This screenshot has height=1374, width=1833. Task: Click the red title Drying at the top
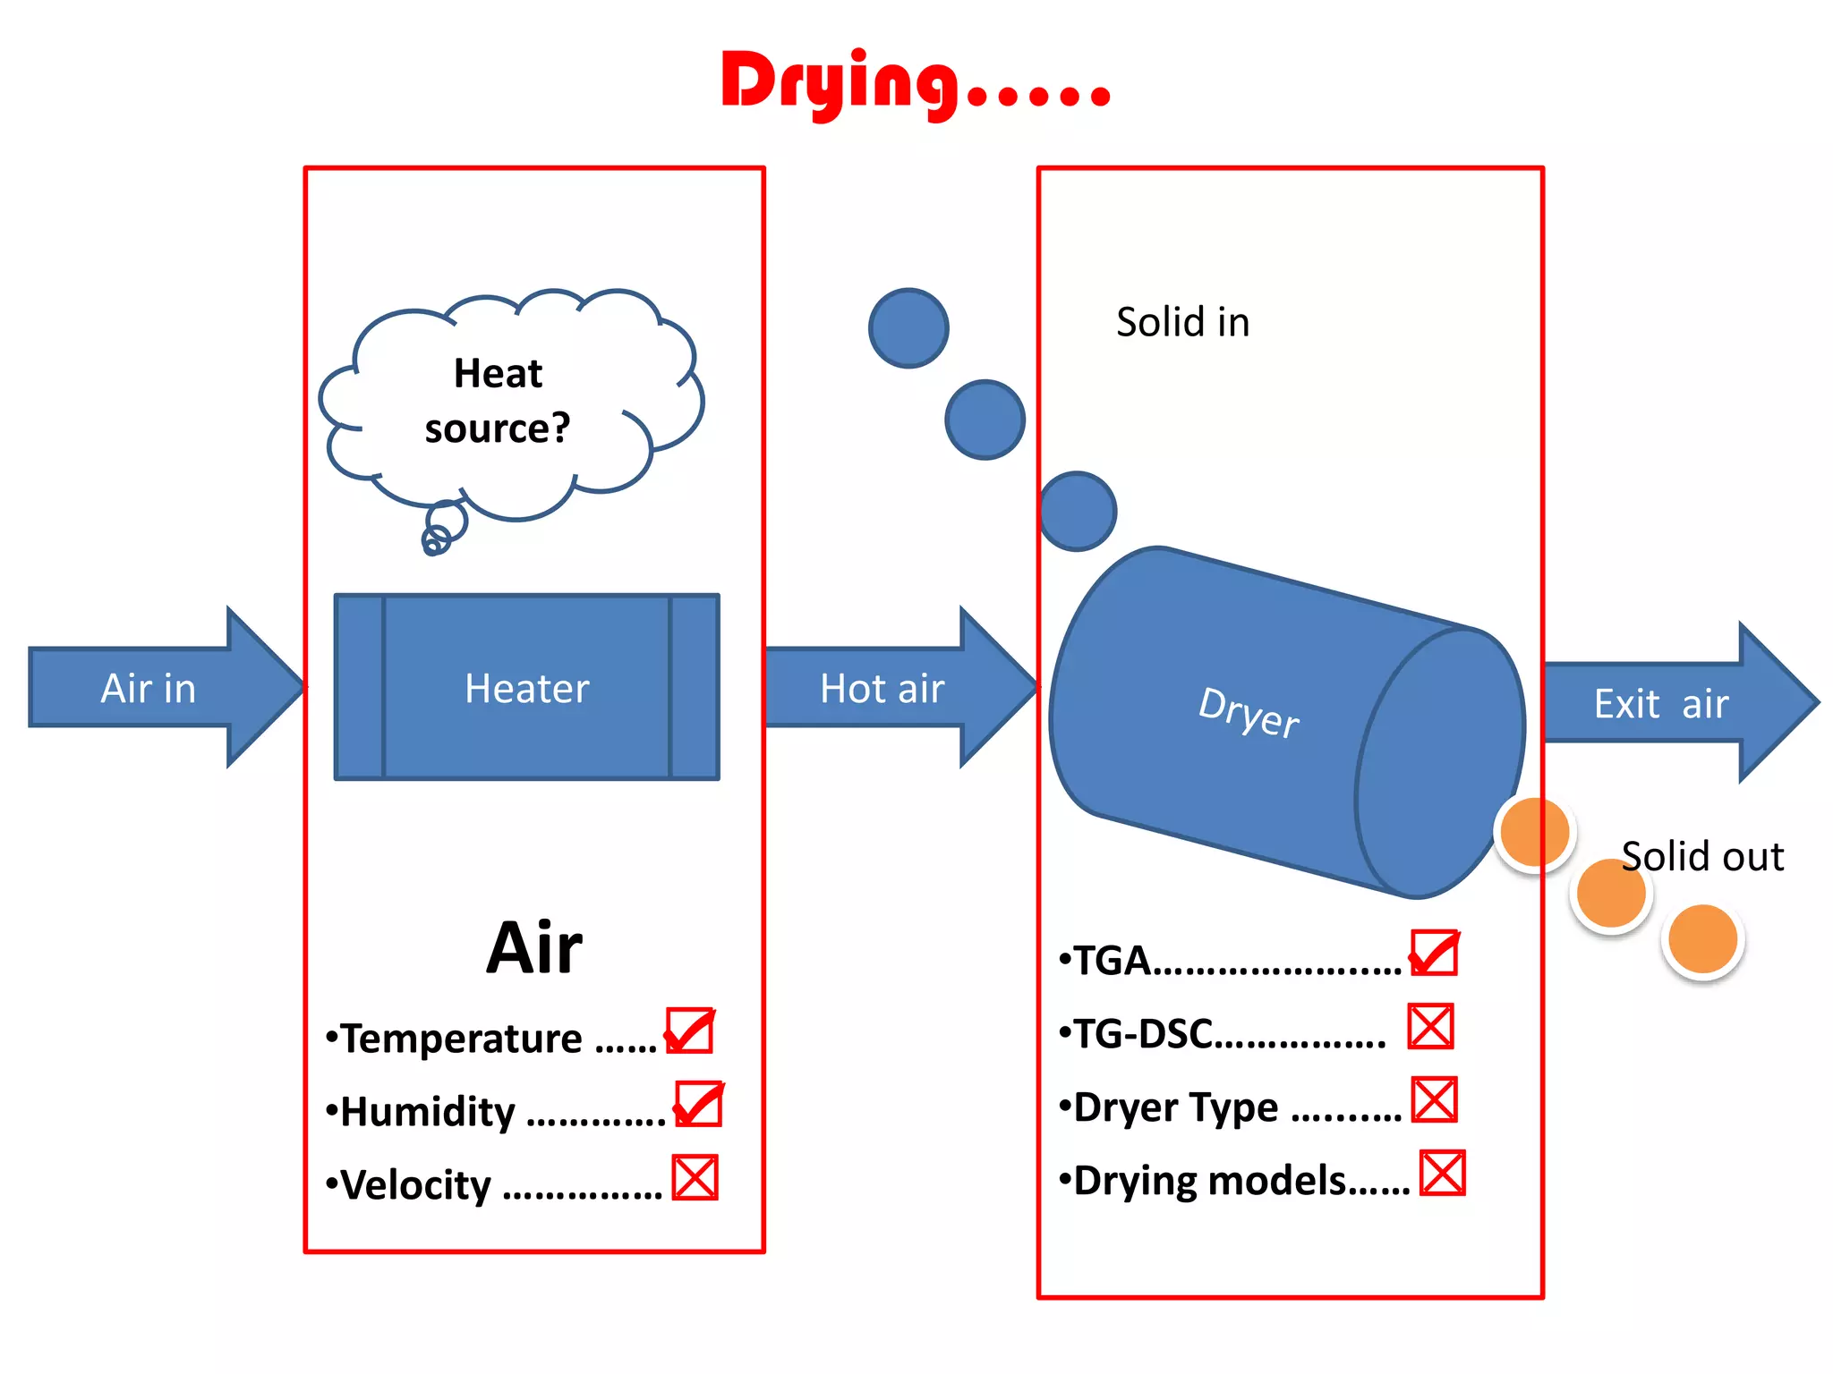915,82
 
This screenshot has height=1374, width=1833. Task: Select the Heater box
526,687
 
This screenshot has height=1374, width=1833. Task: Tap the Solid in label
1182,322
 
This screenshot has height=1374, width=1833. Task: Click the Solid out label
1702,856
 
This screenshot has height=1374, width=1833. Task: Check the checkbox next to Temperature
689,1030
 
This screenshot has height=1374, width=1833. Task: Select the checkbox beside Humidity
698,1104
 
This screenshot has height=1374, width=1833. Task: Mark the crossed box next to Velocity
695,1177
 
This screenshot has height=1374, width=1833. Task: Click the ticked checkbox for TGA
1435,953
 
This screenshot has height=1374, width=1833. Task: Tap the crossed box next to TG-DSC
1430,1026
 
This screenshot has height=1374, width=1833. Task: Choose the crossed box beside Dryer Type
1435,1099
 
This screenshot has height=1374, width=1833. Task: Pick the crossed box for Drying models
1443,1173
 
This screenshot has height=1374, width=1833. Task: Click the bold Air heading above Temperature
534,948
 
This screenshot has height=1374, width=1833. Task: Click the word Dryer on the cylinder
1249,713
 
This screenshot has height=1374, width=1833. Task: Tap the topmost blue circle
908,328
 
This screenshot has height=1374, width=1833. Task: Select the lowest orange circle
1702,938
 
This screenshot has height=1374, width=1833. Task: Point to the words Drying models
1210,1181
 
